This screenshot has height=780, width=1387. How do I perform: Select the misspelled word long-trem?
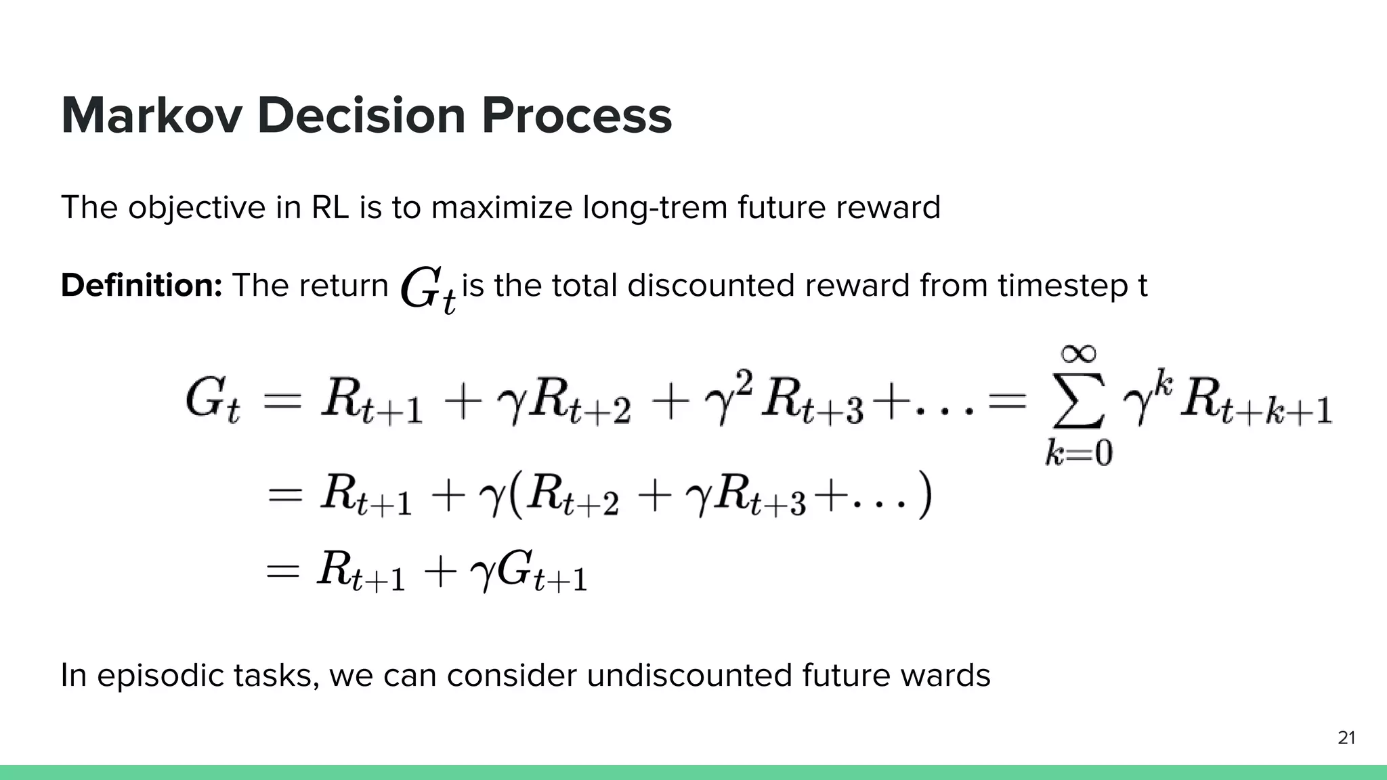point(654,207)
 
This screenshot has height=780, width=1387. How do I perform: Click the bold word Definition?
point(142,285)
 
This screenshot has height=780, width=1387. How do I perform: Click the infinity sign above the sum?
point(1078,353)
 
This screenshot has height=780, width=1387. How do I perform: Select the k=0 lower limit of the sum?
point(1078,452)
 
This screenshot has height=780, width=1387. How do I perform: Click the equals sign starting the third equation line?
point(282,572)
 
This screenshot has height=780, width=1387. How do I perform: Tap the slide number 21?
point(1346,738)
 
